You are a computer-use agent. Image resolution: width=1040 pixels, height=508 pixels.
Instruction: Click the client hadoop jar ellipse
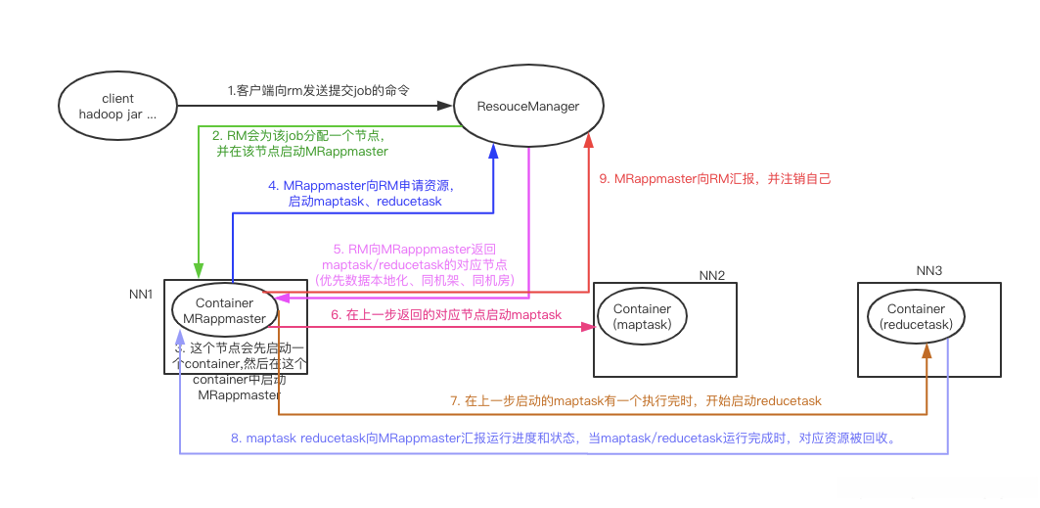pos(117,106)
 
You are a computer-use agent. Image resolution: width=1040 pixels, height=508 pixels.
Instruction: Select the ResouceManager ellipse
pos(527,106)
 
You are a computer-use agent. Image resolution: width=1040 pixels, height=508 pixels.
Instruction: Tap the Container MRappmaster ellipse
pos(225,310)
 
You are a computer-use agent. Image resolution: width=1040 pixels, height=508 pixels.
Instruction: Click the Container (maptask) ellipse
pos(643,316)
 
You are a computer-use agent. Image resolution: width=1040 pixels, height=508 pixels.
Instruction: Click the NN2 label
pos(712,276)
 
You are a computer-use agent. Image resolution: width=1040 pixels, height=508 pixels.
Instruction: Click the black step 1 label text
pos(318,90)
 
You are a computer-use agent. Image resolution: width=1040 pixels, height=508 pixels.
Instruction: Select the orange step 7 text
pos(635,400)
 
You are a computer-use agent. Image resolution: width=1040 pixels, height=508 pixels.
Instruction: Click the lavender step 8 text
pos(563,439)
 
